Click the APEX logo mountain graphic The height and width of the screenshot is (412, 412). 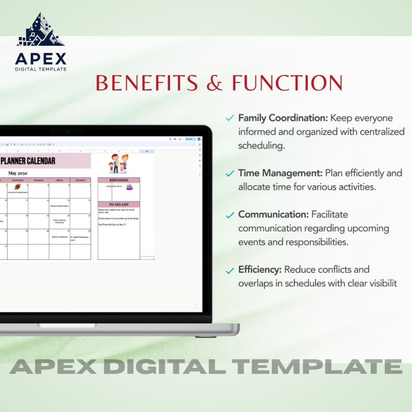40,31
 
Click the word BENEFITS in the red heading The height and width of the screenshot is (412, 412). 147,83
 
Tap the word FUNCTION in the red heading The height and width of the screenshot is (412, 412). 287,83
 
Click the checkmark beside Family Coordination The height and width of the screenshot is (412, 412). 230,118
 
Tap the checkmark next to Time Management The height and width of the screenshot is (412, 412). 230,174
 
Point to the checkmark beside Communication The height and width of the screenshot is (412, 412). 230,215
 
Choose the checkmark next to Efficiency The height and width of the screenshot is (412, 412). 230,270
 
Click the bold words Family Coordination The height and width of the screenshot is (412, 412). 282,118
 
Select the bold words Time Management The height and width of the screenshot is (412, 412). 280,173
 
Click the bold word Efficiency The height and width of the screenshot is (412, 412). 260,270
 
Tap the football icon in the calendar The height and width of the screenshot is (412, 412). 17,187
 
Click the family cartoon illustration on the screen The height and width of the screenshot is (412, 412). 118,163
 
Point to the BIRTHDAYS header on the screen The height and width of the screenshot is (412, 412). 119,180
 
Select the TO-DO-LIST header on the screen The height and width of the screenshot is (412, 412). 119,204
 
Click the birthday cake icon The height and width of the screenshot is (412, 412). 129,187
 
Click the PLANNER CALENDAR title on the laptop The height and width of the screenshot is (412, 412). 28,161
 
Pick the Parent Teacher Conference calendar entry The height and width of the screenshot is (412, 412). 59,221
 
